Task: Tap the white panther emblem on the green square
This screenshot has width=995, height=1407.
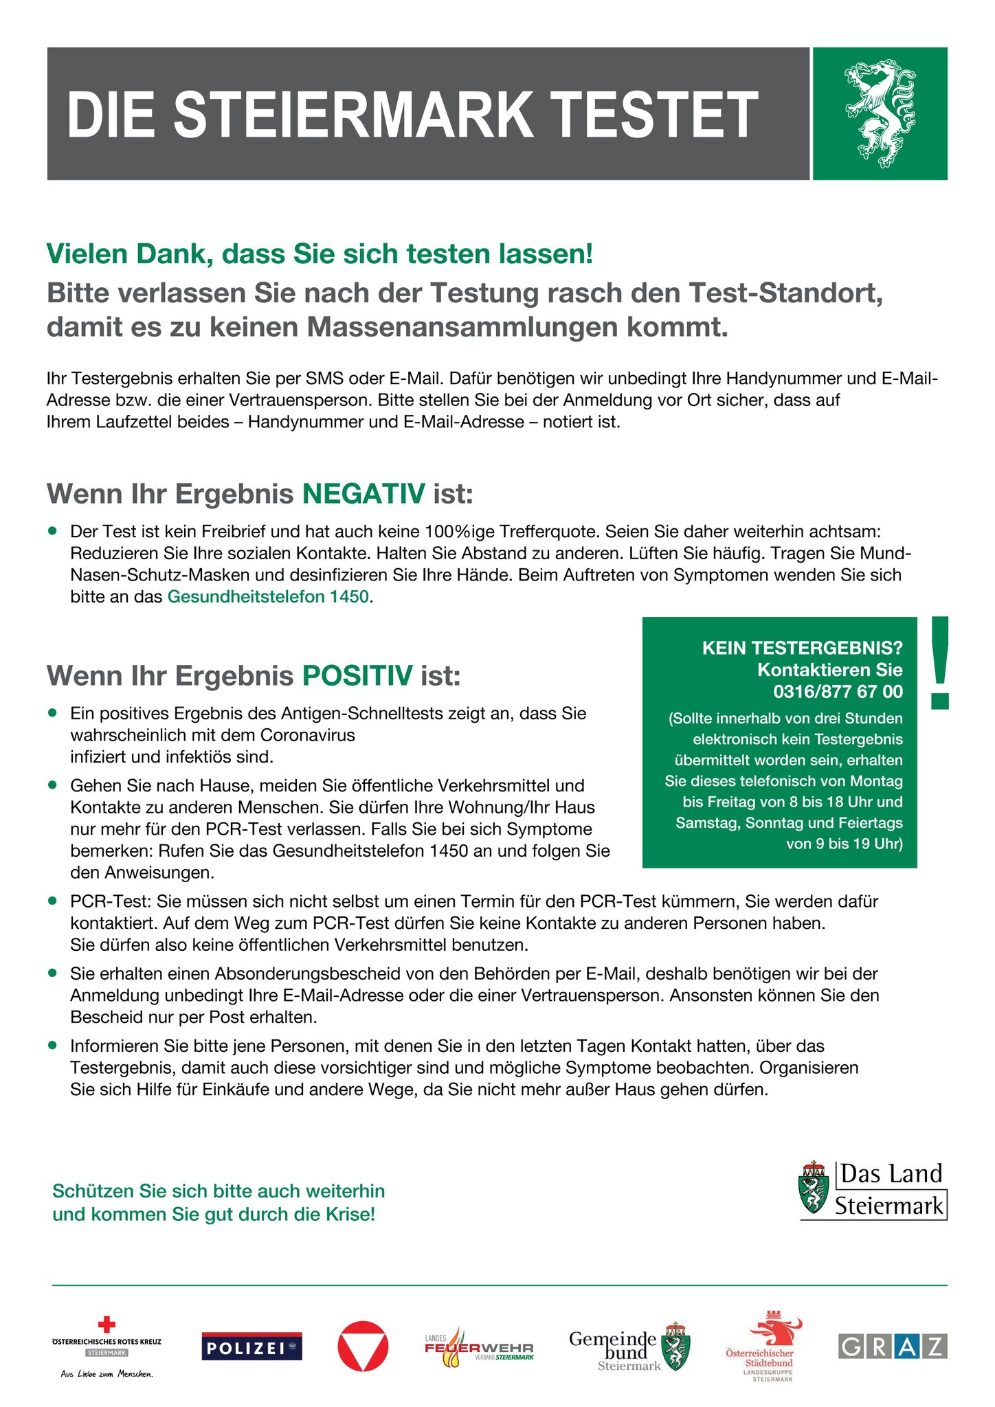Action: pyautogui.click(x=879, y=113)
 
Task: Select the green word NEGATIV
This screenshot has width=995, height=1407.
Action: pyautogui.click(x=364, y=494)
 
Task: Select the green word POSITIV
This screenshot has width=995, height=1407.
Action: pyautogui.click(x=357, y=676)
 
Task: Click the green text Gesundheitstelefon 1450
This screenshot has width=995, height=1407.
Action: pyautogui.click(x=268, y=596)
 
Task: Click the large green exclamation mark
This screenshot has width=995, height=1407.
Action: pyautogui.click(x=939, y=663)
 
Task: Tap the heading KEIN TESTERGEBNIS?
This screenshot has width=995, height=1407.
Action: pyautogui.click(x=802, y=648)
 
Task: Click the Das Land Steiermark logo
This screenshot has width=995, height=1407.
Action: pyautogui.click(x=873, y=1191)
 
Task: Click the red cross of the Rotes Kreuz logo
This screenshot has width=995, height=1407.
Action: pyautogui.click(x=107, y=1324)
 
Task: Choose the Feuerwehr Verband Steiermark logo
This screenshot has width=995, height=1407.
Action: pyautogui.click(x=479, y=1347)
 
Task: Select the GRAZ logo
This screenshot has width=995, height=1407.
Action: pyautogui.click(x=893, y=1347)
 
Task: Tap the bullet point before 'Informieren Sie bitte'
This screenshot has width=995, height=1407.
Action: pyautogui.click(x=52, y=1046)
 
